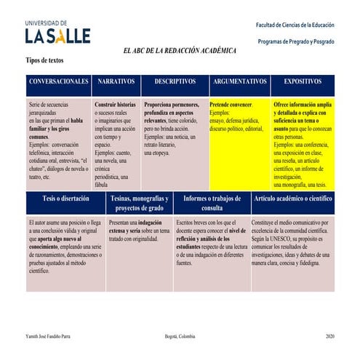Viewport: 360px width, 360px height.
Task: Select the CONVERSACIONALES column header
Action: (x=59, y=82)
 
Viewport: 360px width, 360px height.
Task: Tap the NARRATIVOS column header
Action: (x=116, y=82)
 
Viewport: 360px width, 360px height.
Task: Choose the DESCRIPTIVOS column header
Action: (x=175, y=82)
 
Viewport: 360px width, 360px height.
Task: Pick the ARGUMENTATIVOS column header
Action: (x=240, y=82)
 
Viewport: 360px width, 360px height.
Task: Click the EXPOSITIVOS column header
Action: (x=303, y=82)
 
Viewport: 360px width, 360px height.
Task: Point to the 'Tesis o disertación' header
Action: (x=65, y=199)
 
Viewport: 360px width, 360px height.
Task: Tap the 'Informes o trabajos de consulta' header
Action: (x=212, y=203)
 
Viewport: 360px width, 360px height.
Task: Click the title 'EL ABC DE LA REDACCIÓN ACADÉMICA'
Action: (x=180, y=51)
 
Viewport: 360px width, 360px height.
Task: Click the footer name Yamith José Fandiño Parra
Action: (x=49, y=337)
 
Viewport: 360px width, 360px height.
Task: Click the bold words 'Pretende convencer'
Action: (x=231, y=105)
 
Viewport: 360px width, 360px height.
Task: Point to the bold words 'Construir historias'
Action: (x=116, y=105)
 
